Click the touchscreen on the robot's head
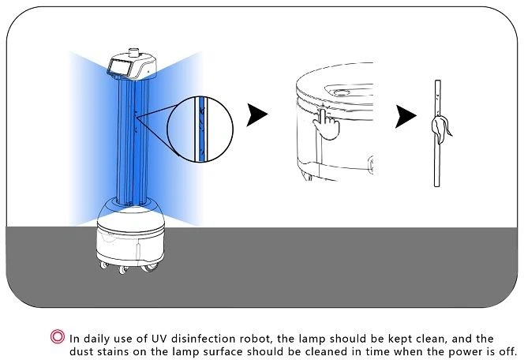119,68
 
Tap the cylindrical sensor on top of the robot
133,53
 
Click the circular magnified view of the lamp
200,129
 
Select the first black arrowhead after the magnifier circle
256,115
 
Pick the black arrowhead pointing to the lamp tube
406,116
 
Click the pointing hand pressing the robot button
326,124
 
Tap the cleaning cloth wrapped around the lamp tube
440,129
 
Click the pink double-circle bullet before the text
58,336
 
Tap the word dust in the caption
82,351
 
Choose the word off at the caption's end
508,351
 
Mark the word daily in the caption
97,339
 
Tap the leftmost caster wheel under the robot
104,265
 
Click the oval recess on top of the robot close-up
342,92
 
